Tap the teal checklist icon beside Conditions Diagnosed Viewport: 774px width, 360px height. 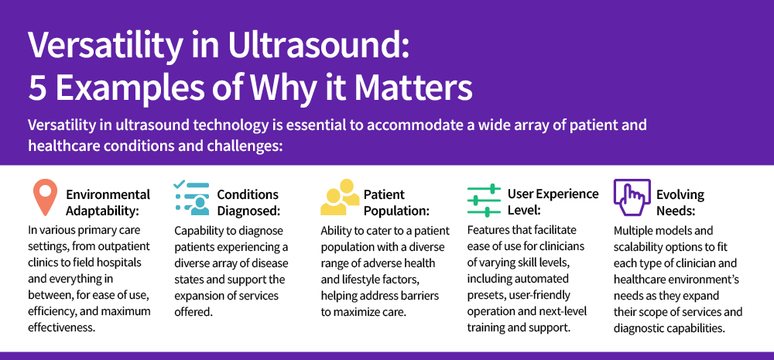coord(192,198)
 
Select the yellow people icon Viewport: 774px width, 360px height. coord(340,197)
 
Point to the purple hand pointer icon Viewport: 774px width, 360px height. coord(632,197)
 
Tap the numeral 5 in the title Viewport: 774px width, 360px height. coord(38,87)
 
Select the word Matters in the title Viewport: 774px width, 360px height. coord(413,87)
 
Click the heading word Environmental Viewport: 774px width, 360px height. coord(108,194)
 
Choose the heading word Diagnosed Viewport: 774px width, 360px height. coord(248,211)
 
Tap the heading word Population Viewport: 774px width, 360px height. coord(397,211)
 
